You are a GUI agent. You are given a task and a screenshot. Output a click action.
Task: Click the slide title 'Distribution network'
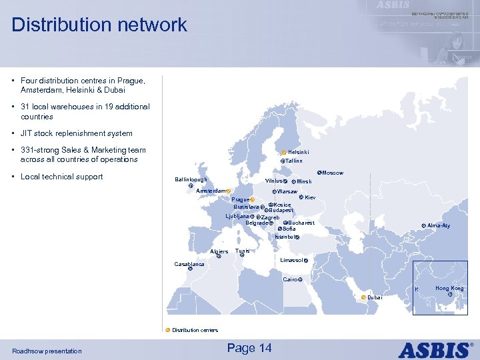[99, 25]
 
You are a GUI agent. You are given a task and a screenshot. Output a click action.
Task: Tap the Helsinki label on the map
[299, 153]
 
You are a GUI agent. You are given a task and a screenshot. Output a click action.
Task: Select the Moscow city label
[333, 173]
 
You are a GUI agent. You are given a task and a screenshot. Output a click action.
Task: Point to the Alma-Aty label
[439, 225]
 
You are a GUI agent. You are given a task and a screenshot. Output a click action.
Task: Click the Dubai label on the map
[375, 297]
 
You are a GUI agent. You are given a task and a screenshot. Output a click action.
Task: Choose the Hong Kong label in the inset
[449, 289]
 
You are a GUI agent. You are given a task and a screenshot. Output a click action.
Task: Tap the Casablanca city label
[189, 264]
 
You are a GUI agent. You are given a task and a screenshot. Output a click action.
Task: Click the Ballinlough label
[191, 180]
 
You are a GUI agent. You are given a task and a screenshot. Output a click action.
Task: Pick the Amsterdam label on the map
[211, 191]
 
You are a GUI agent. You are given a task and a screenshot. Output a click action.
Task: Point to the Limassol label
[291, 260]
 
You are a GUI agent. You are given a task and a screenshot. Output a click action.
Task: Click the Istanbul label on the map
[284, 237]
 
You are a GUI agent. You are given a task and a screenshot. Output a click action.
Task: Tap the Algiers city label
[219, 252]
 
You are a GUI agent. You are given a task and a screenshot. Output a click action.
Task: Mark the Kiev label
[310, 197]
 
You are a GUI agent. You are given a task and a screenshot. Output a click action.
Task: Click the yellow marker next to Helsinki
[284, 153]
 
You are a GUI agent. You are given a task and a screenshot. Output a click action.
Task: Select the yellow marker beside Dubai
[363, 297]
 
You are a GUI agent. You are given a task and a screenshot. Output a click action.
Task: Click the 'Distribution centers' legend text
[195, 330]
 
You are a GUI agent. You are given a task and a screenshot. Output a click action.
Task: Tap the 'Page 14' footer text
[249, 348]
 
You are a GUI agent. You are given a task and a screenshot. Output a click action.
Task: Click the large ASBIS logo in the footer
[437, 349]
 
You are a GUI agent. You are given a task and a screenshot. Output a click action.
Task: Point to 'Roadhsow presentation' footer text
[47, 351]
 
